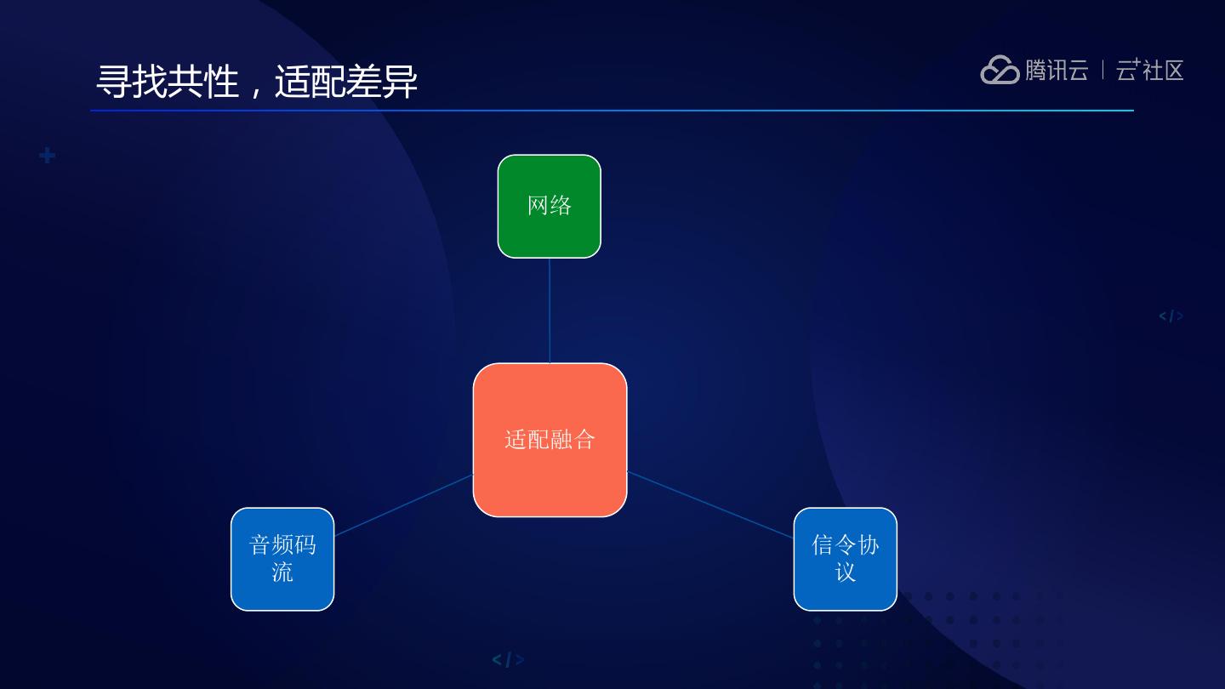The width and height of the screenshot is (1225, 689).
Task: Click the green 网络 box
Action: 549,206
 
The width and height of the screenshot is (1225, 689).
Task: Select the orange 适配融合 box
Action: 550,440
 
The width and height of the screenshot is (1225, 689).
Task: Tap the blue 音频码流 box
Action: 282,559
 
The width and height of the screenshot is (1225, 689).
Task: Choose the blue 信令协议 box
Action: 845,559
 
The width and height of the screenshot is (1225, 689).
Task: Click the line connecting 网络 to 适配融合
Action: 550,310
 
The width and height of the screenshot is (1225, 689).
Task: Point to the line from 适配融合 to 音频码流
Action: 404,505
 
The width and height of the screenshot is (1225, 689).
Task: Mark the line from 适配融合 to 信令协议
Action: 710,504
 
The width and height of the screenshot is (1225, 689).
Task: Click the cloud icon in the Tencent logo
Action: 1000,70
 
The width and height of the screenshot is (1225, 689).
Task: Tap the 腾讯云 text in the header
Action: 1057,70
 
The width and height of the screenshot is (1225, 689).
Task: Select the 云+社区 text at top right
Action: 1149,70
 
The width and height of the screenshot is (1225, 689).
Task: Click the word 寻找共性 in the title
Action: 167,83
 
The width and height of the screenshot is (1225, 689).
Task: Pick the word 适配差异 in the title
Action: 346,83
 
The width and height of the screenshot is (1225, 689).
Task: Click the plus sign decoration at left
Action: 48,156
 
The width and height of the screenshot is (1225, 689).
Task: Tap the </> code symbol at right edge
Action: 1171,316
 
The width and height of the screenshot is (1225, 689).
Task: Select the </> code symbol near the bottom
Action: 508,659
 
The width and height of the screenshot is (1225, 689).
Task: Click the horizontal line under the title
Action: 612,111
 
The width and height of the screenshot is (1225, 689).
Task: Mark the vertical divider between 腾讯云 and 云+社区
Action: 1102,70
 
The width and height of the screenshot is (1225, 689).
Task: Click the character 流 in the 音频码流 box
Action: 282,572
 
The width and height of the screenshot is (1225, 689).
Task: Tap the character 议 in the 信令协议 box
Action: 845,572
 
